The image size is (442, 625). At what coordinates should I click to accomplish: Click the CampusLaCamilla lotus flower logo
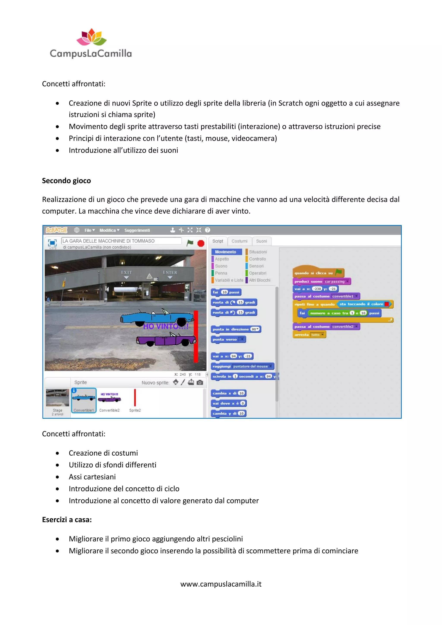(92, 37)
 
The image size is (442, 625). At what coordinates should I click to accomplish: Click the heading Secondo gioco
(66, 181)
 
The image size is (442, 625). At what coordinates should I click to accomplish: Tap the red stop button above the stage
(201, 243)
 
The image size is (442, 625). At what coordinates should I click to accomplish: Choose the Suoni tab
(261, 241)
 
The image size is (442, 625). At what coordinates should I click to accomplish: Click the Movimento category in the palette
(226, 252)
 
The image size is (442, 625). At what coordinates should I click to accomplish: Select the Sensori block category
(256, 266)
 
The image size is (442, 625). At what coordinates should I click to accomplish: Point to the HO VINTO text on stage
(166, 326)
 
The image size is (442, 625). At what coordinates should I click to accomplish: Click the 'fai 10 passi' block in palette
(226, 292)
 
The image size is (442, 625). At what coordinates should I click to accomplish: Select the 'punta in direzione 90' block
(236, 329)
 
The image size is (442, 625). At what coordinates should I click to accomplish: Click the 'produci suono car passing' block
(321, 281)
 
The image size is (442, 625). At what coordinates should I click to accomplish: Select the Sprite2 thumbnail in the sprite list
(135, 400)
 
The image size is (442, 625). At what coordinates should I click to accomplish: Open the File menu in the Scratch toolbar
(89, 230)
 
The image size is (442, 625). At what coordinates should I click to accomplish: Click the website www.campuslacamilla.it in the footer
(221, 584)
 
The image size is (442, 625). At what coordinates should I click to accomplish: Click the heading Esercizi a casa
(67, 520)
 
